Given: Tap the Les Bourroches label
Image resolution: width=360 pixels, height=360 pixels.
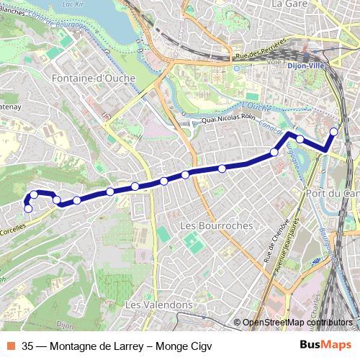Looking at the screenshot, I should (x=208, y=225).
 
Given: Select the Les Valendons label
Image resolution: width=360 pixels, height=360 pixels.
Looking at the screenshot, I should (x=158, y=305).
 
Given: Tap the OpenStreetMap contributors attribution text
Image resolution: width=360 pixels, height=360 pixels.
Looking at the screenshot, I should (x=297, y=323).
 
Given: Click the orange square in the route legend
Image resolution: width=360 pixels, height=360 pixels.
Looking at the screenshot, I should (x=11, y=344).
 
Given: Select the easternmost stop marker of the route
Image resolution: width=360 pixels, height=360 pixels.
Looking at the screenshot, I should (x=334, y=131).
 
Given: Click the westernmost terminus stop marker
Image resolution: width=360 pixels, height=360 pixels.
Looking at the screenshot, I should (x=28, y=209).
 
